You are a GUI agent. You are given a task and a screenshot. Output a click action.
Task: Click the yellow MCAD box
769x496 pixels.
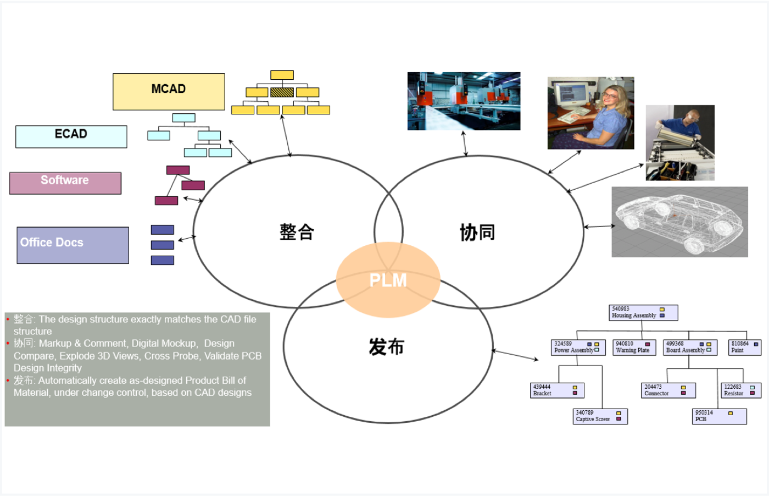pyautogui.click(x=169, y=91)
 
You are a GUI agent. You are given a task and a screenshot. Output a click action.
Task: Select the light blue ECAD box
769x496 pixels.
pyautogui.click(x=71, y=136)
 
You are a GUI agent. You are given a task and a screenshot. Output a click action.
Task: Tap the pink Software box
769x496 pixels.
pyautogui.click(x=65, y=183)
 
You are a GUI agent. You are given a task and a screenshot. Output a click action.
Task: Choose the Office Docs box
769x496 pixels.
pyautogui.click(x=73, y=245)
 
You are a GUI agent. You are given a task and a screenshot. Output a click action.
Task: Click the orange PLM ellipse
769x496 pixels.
pyautogui.click(x=388, y=280)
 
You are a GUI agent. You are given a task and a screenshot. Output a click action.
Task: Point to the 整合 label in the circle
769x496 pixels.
pyautogui.click(x=297, y=232)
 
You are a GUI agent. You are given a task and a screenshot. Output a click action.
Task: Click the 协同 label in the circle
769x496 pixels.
pyautogui.click(x=477, y=233)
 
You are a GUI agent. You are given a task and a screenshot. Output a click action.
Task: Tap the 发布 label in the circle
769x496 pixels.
pyautogui.click(x=386, y=347)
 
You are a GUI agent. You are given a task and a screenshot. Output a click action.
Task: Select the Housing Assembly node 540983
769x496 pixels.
pyautogui.click(x=643, y=312)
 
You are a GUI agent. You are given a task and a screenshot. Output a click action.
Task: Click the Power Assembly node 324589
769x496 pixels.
pyautogui.click(x=578, y=347)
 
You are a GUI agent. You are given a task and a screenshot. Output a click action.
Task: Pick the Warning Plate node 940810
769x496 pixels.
pyautogui.click(x=634, y=347)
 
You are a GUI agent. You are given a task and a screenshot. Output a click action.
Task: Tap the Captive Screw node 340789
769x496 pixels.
pyautogui.click(x=600, y=416)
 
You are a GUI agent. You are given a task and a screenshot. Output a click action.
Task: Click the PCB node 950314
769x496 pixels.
pyautogui.click(x=718, y=416)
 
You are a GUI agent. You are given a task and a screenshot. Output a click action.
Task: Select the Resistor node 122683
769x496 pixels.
pyautogui.click(x=740, y=390)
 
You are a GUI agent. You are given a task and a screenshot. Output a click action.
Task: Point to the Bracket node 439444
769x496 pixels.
pyautogui.click(x=556, y=390)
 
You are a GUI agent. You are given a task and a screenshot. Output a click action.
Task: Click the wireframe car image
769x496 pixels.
pyautogui.click(x=679, y=222)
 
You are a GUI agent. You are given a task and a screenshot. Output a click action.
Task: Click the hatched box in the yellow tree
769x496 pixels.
pyautogui.click(x=282, y=92)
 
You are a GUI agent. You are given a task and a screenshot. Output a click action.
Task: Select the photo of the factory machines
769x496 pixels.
pyautogui.click(x=464, y=101)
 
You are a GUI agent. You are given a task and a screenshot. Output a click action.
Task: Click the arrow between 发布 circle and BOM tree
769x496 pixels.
pyautogui.click(x=515, y=355)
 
